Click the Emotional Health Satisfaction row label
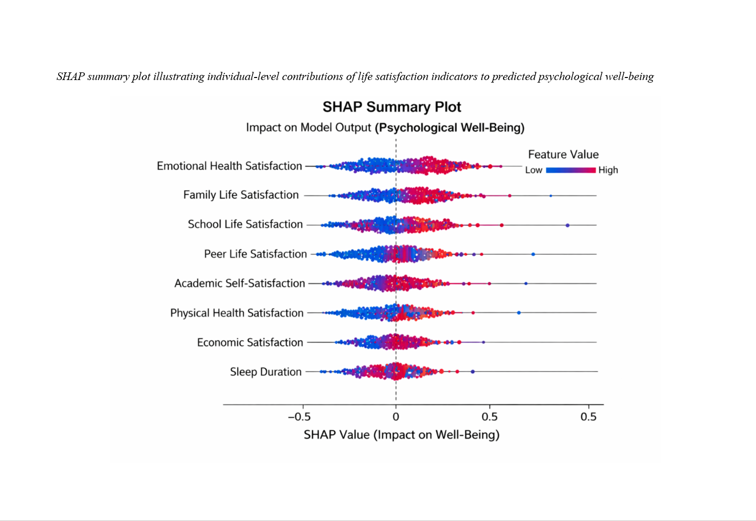point(229,166)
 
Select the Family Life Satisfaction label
point(241,195)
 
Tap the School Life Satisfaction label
point(245,224)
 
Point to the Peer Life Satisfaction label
point(255,254)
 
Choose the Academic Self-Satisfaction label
point(239,283)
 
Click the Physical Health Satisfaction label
point(237,313)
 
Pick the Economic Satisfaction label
point(250,343)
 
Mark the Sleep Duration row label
point(265,372)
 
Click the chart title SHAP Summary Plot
point(391,107)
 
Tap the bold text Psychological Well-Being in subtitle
point(449,127)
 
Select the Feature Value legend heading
point(563,154)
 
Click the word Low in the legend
point(534,170)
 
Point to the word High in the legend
point(608,170)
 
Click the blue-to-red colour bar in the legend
point(571,170)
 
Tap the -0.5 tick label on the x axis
point(299,417)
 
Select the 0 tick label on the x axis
point(396,417)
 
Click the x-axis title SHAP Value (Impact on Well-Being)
point(401,435)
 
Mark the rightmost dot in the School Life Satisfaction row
point(567,225)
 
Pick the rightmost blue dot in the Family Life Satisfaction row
point(550,196)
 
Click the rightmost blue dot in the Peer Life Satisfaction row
point(533,254)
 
